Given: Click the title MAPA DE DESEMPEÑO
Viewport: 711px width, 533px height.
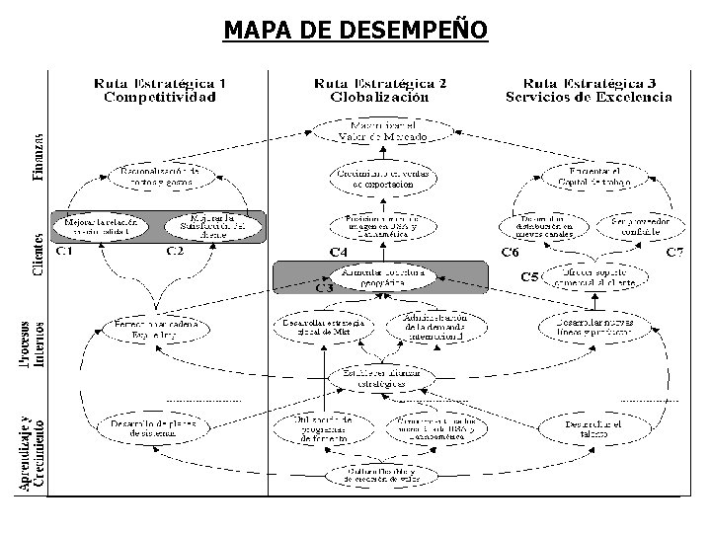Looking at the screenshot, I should (355, 31).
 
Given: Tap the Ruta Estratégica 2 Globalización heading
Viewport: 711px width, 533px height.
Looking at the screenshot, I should (379, 90).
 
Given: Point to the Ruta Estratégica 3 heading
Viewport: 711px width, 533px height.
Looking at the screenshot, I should (590, 90).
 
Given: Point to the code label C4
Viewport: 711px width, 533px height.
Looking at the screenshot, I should (338, 254).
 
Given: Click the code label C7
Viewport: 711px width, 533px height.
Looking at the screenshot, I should (674, 254).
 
